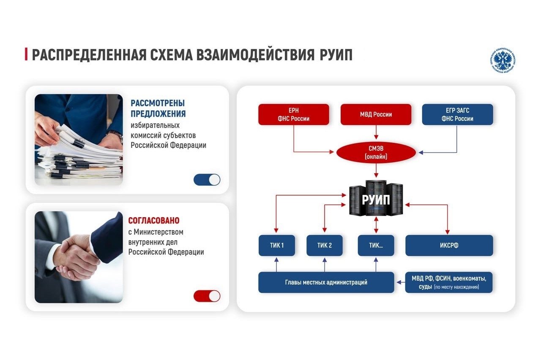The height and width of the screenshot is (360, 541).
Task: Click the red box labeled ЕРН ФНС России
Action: (294, 115)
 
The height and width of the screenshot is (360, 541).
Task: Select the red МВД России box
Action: (376, 115)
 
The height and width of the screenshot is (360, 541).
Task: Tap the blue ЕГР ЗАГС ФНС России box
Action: (457, 115)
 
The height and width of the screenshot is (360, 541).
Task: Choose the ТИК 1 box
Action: (277, 245)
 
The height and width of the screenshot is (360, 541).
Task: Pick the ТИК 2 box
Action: (325, 245)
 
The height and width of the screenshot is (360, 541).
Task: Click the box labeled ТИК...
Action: (376, 245)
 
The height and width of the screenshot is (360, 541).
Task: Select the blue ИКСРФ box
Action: (449, 245)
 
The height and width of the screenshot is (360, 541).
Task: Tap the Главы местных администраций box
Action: (326, 282)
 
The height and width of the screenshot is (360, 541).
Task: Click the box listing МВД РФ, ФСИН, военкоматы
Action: (449, 282)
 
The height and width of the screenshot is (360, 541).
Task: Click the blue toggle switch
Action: (207, 180)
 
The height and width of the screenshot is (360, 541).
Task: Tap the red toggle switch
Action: (207, 296)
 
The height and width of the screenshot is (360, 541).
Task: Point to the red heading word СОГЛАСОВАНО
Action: (154, 221)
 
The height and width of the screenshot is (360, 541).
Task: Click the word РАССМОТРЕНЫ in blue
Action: (158, 103)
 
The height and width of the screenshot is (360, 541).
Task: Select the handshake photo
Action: (79, 257)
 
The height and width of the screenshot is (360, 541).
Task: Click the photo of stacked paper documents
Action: (79, 140)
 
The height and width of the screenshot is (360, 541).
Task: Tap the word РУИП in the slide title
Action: (334, 55)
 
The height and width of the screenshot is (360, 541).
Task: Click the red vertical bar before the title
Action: (26, 55)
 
